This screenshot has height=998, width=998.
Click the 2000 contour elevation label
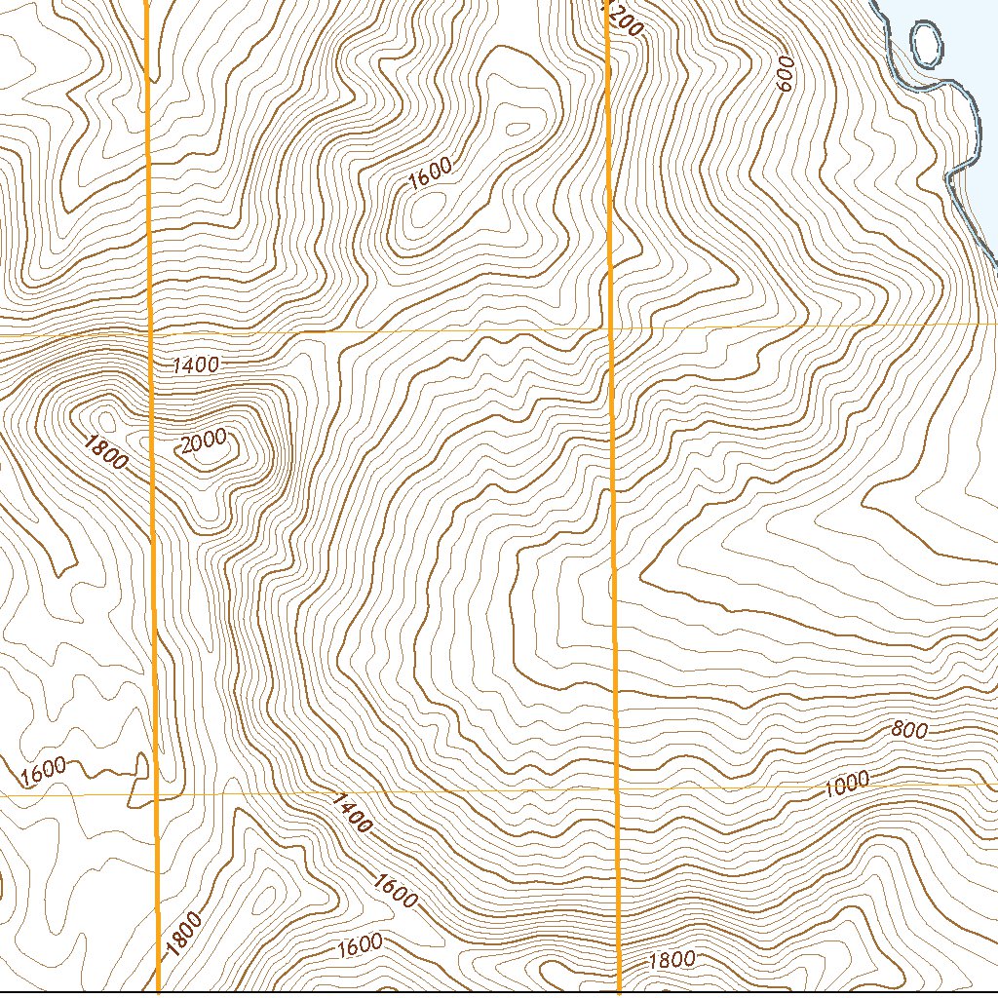[x=203, y=441]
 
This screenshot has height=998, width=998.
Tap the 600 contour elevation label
[x=787, y=74]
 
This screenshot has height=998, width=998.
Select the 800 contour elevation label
[x=908, y=730]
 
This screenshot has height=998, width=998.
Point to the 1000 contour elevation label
[x=844, y=784]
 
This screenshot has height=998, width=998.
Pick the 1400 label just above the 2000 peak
[x=195, y=365]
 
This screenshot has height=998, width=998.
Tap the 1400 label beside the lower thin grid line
[x=352, y=813]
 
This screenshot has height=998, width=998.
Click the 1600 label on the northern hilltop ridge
[x=430, y=173]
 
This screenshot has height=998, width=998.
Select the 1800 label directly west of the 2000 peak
[x=105, y=452]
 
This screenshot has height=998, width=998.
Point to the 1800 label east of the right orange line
[x=672, y=960]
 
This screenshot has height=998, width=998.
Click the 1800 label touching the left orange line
[x=182, y=935]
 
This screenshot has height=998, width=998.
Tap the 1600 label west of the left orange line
[x=43, y=771]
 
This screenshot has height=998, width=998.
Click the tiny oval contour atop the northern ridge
[x=516, y=128]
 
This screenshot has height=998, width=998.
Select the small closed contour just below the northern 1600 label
[x=425, y=209]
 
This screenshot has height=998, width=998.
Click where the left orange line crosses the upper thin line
[x=151, y=333]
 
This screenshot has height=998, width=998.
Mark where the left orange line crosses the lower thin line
[x=156, y=794]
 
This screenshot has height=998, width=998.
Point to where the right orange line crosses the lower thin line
[x=617, y=787]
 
